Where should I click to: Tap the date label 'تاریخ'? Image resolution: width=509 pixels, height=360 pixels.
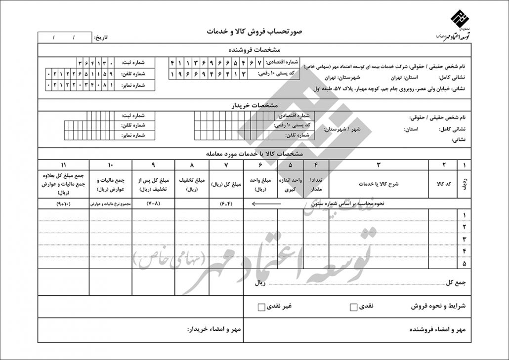[x=100, y=38]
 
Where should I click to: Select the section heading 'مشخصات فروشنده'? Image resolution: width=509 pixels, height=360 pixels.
[x=255, y=50]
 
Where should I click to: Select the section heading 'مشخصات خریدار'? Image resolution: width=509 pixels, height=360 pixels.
[x=255, y=106]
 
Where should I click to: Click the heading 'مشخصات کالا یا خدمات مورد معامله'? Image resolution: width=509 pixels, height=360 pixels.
[x=255, y=153]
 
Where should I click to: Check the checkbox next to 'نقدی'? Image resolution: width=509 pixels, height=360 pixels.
[x=353, y=307]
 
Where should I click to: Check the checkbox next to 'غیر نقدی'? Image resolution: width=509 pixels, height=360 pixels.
[x=261, y=307]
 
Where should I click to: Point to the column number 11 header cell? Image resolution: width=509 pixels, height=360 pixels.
[x=63, y=165]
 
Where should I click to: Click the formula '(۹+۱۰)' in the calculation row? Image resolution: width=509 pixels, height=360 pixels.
[x=63, y=203]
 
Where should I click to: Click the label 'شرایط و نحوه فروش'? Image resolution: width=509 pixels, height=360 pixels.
[x=438, y=306]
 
